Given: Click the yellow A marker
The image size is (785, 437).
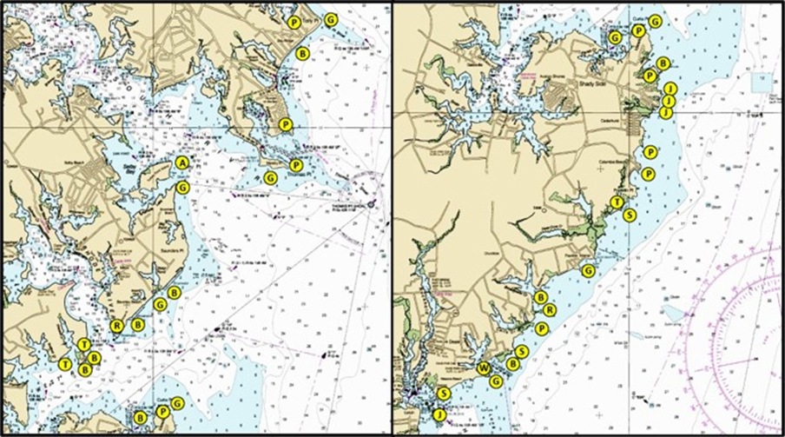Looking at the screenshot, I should (x=181, y=162).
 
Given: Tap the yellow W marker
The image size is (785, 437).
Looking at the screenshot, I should (x=484, y=369).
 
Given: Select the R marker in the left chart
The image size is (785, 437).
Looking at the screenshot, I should (x=116, y=326).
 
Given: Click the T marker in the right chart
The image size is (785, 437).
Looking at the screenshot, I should (x=617, y=202).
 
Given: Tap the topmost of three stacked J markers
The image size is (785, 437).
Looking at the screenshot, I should (x=670, y=89).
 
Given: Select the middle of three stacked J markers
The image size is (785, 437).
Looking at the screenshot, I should (x=668, y=101).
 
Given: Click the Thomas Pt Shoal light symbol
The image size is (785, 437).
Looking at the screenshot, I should (x=372, y=204).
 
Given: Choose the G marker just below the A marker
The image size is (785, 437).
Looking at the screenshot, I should (x=181, y=187).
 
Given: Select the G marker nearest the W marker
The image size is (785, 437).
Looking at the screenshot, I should (x=495, y=381).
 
